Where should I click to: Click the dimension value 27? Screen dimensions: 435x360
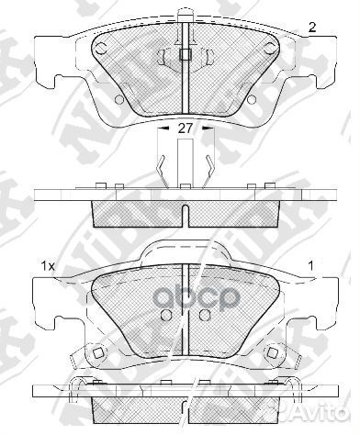tap(186, 129)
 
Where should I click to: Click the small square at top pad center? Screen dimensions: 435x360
tap(186, 52)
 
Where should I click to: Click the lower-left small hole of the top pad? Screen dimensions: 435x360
tap(118, 99)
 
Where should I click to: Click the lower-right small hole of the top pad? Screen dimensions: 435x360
tap(253, 99)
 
